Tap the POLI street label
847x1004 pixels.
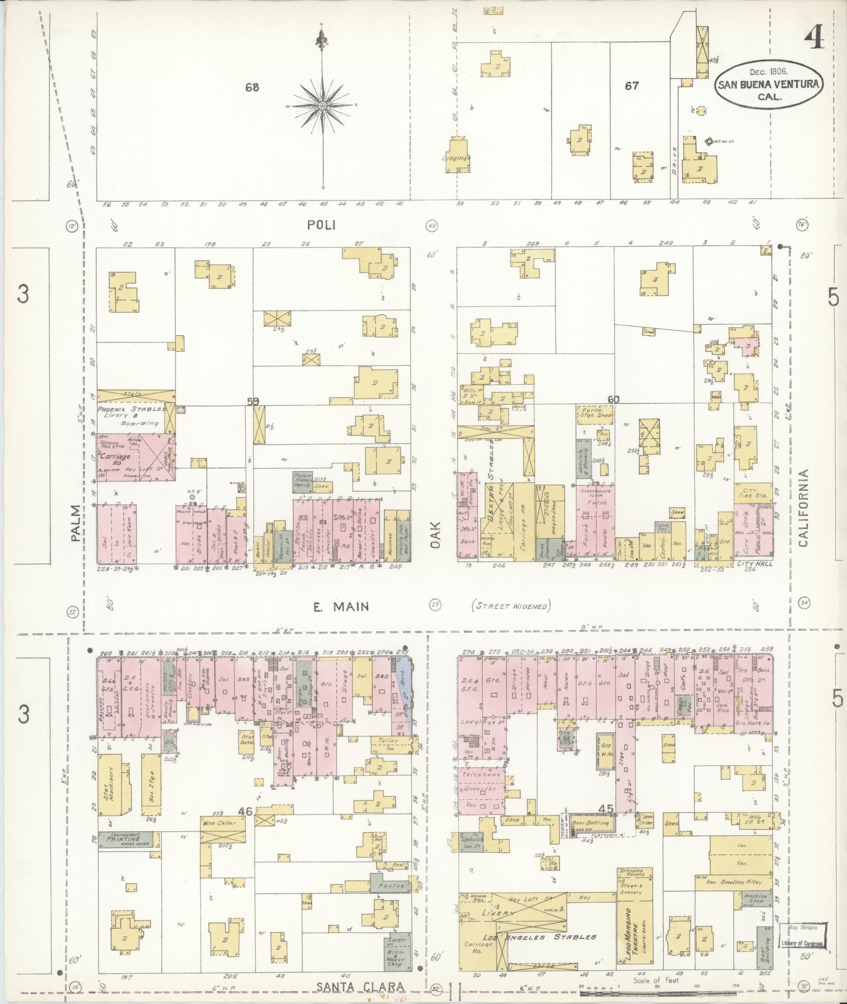click(321, 225)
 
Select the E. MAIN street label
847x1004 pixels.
click(341, 607)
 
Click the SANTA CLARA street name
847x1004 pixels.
click(361, 987)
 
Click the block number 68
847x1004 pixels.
click(252, 88)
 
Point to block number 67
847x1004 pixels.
click(632, 85)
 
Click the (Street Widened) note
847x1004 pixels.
click(510, 607)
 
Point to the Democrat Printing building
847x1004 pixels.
click(125, 840)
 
